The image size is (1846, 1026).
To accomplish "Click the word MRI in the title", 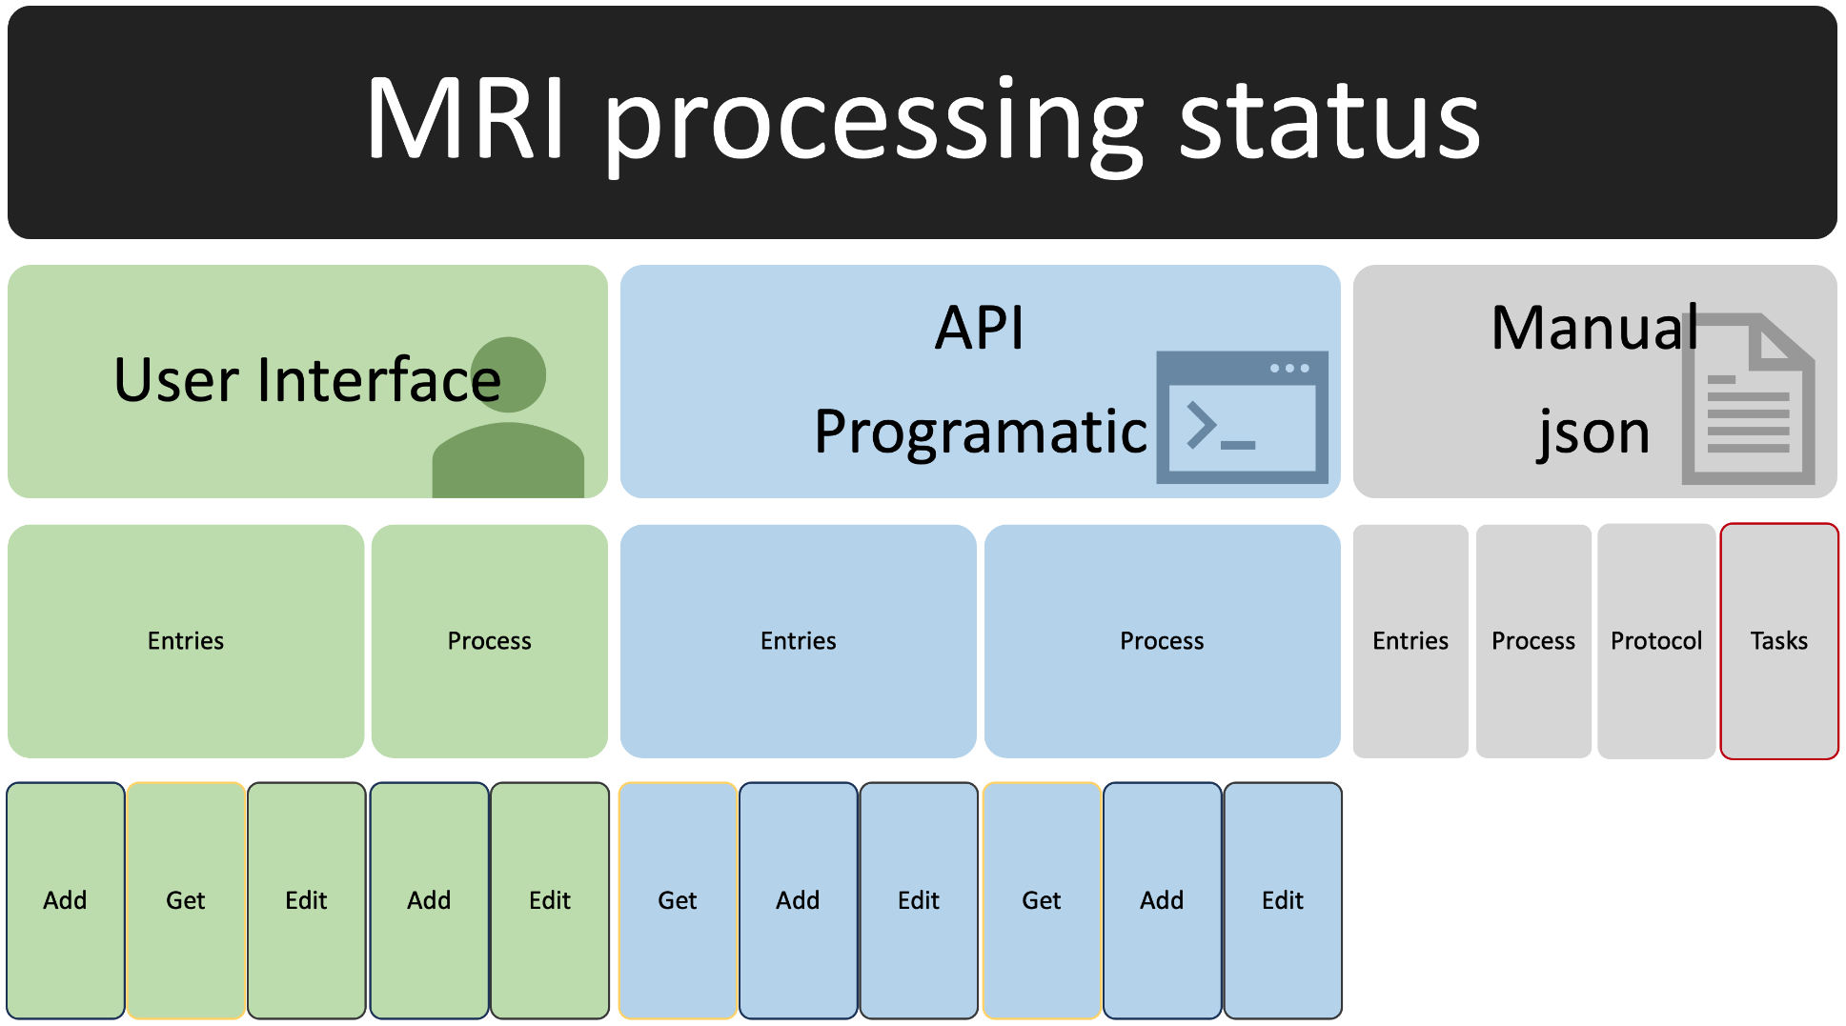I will click(x=467, y=120).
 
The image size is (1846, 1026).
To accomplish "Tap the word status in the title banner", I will click(x=1329, y=120).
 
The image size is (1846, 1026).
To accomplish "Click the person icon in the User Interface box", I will click(x=509, y=419).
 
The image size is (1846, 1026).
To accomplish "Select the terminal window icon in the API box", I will click(x=1242, y=416).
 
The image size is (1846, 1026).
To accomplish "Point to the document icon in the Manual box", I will click(x=1748, y=399).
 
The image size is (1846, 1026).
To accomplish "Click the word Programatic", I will click(x=981, y=432).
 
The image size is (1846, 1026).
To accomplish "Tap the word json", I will click(x=1593, y=432).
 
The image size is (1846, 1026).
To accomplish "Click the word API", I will click(x=979, y=329).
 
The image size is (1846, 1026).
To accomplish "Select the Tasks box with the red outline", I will click(x=1778, y=640).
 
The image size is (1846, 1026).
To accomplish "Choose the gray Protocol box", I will click(x=1656, y=640).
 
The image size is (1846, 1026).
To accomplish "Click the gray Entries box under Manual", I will click(x=1410, y=640).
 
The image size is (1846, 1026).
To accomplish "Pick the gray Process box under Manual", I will click(x=1533, y=640).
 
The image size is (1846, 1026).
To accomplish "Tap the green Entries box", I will click(x=186, y=640).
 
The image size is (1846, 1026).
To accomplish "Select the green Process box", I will click(x=489, y=640).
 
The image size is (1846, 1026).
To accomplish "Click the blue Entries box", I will click(x=798, y=640).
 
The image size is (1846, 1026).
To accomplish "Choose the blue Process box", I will click(x=1162, y=640).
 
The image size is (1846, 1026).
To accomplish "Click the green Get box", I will click(x=186, y=900).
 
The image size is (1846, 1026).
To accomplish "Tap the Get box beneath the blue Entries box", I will click(x=678, y=900).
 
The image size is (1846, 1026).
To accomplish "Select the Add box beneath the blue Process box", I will click(x=1162, y=900).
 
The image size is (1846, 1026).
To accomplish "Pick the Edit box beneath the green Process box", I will click(x=550, y=900).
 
